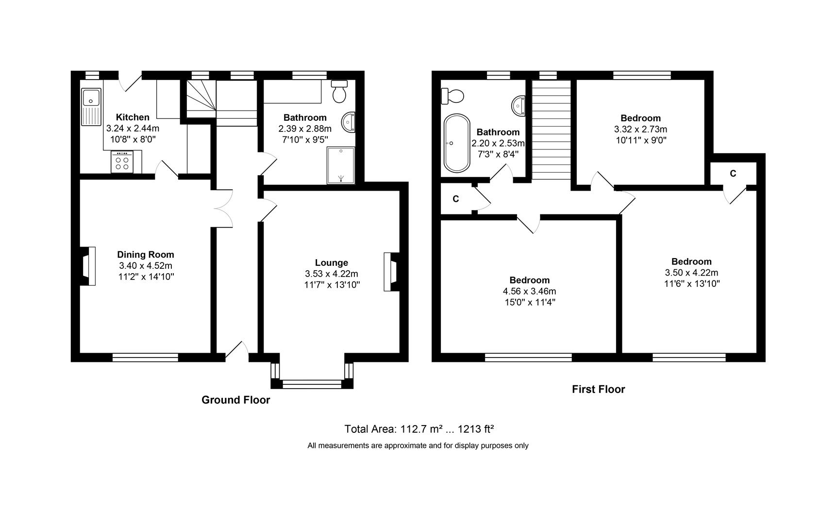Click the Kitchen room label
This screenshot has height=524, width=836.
tap(133, 117)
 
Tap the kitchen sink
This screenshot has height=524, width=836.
tap(91, 106)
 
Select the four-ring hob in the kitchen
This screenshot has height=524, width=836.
tap(122, 162)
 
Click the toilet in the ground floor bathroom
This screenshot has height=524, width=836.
tap(339, 91)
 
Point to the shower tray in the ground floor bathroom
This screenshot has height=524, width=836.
tap(341, 165)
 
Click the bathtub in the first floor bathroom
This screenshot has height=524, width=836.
tap(456, 143)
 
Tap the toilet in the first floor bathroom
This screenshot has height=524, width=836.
tap(452, 96)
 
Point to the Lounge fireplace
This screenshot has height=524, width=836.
tap(391, 272)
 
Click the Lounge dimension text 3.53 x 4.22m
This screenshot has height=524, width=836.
tap(332, 274)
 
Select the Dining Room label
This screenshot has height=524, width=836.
tap(146, 254)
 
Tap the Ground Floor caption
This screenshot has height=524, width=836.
tap(236, 400)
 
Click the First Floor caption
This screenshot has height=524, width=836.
tap(599, 389)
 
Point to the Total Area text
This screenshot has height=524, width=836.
tap(419, 429)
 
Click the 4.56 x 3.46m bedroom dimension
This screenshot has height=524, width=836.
tap(530, 291)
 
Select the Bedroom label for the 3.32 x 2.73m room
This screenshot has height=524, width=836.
tap(641, 118)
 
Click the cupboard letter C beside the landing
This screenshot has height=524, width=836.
tap(456, 199)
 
